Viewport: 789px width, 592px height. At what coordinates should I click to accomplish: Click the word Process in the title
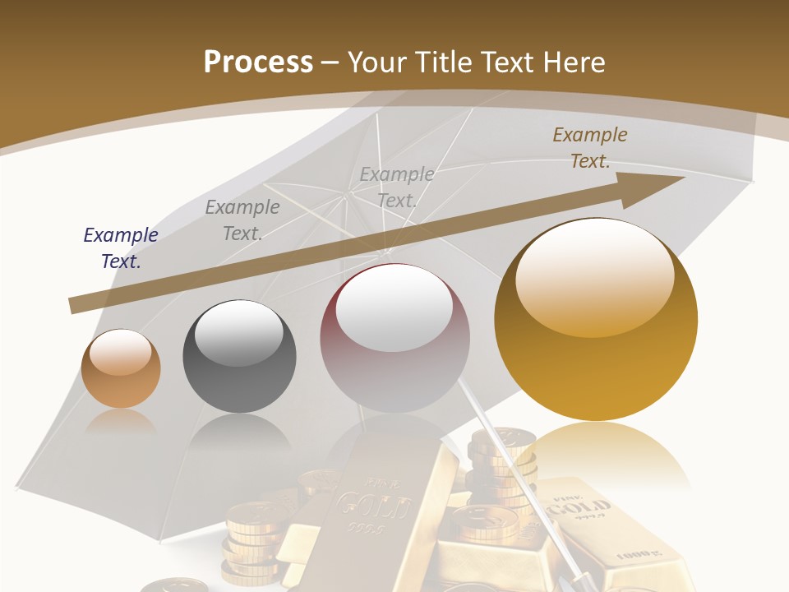point(258,62)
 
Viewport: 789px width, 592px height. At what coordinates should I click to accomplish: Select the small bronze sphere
point(121,369)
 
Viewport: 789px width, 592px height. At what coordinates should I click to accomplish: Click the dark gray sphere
point(239,357)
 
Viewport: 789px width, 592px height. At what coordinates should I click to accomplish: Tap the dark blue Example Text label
point(121,248)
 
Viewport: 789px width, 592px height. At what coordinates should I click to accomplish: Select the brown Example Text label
point(590,148)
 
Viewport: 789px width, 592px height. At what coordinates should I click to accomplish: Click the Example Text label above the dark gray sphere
point(242,220)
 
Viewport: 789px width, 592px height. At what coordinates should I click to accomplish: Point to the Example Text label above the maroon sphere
point(397,187)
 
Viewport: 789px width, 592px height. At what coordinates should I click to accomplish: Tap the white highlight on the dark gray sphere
point(238,332)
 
